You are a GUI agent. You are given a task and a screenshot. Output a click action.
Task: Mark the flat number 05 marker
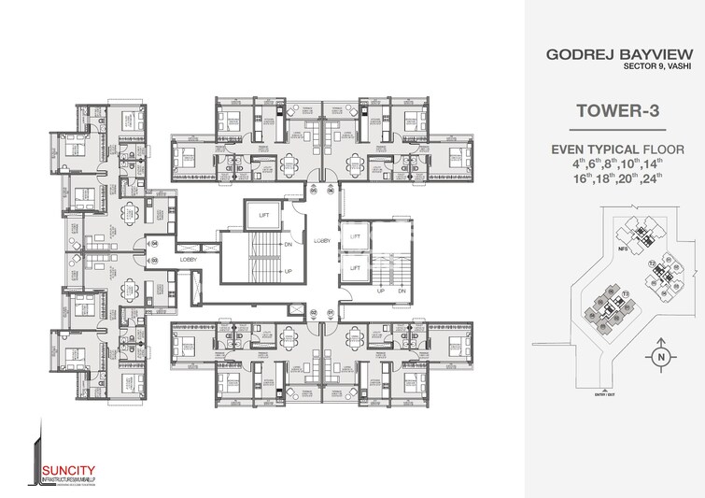click(x=313, y=193)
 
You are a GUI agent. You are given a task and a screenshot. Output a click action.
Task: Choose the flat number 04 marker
click(x=155, y=245)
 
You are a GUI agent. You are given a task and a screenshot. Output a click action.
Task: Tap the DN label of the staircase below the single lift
click(x=289, y=246)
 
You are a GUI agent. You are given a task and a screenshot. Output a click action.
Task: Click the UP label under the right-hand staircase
click(x=381, y=290)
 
